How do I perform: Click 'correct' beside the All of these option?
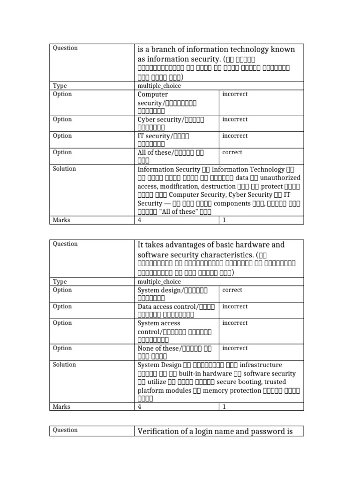click(x=232, y=152)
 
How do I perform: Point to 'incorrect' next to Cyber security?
click(x=235, y=120)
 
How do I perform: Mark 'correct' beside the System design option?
click(x=232, y=290)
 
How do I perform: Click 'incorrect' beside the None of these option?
click(x=235, y=348)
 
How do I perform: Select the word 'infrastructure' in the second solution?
click(x=261, y=365)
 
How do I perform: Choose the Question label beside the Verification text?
click(x=65, y=430)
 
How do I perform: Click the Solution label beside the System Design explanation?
click(x=65, y=365)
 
